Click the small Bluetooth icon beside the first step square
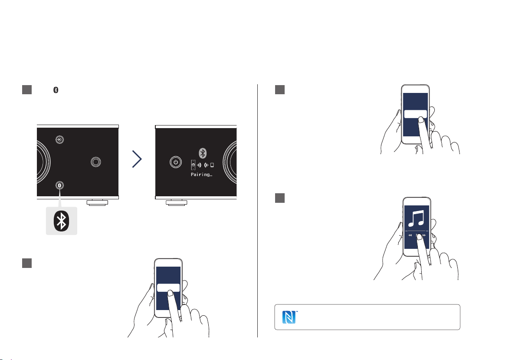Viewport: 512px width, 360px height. [56, 90]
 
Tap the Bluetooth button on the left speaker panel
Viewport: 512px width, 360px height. [59, 185]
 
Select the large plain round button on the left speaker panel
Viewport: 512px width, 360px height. [95, 162]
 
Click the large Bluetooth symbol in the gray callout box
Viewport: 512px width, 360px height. [61, 221]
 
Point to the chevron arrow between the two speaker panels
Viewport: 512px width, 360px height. [137, 159]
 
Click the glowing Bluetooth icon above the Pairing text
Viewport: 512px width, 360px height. [203, 153]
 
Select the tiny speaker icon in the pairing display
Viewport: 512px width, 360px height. [194, 165]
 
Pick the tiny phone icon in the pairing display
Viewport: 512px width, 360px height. [212, 165]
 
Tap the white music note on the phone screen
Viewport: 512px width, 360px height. [416, 218]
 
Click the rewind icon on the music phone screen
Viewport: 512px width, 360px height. [410, 235]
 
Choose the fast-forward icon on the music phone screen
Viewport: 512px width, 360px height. [424, 235]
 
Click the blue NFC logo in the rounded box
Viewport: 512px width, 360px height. [289, 317]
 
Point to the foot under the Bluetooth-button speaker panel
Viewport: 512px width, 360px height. [97, 202]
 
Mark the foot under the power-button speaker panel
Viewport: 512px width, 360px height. [177, 202]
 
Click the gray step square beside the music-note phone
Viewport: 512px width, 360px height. [280, 198]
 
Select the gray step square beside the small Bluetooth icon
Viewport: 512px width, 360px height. [27, 90]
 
